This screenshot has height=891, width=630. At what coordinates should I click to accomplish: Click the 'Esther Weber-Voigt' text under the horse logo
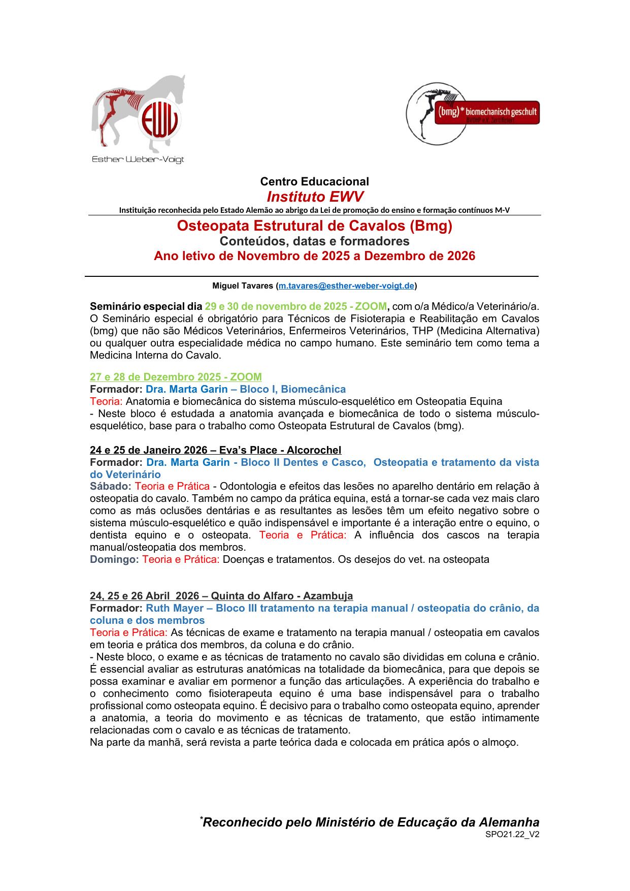138,160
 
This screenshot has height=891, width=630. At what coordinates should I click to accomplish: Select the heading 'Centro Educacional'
314,181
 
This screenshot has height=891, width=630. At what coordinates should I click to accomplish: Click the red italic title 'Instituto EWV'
315,197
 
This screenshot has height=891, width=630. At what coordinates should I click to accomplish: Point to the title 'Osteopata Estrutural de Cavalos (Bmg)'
314,226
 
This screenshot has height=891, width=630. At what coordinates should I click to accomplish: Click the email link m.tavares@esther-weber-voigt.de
346,286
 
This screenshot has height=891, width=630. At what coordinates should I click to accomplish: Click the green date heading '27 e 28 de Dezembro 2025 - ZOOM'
176,377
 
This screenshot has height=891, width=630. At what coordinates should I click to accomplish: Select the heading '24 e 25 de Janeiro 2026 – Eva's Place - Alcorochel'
215,450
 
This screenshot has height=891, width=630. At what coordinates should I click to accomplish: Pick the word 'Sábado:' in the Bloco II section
110,486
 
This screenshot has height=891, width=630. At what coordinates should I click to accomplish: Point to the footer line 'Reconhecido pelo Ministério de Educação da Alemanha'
371,822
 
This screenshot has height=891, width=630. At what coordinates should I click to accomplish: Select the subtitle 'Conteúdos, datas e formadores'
314,241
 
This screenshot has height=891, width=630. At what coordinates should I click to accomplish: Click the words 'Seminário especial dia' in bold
146,306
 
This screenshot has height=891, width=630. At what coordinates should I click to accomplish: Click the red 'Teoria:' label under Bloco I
106,401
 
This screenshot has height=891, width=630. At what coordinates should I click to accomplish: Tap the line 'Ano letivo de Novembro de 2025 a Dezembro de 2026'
314,256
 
